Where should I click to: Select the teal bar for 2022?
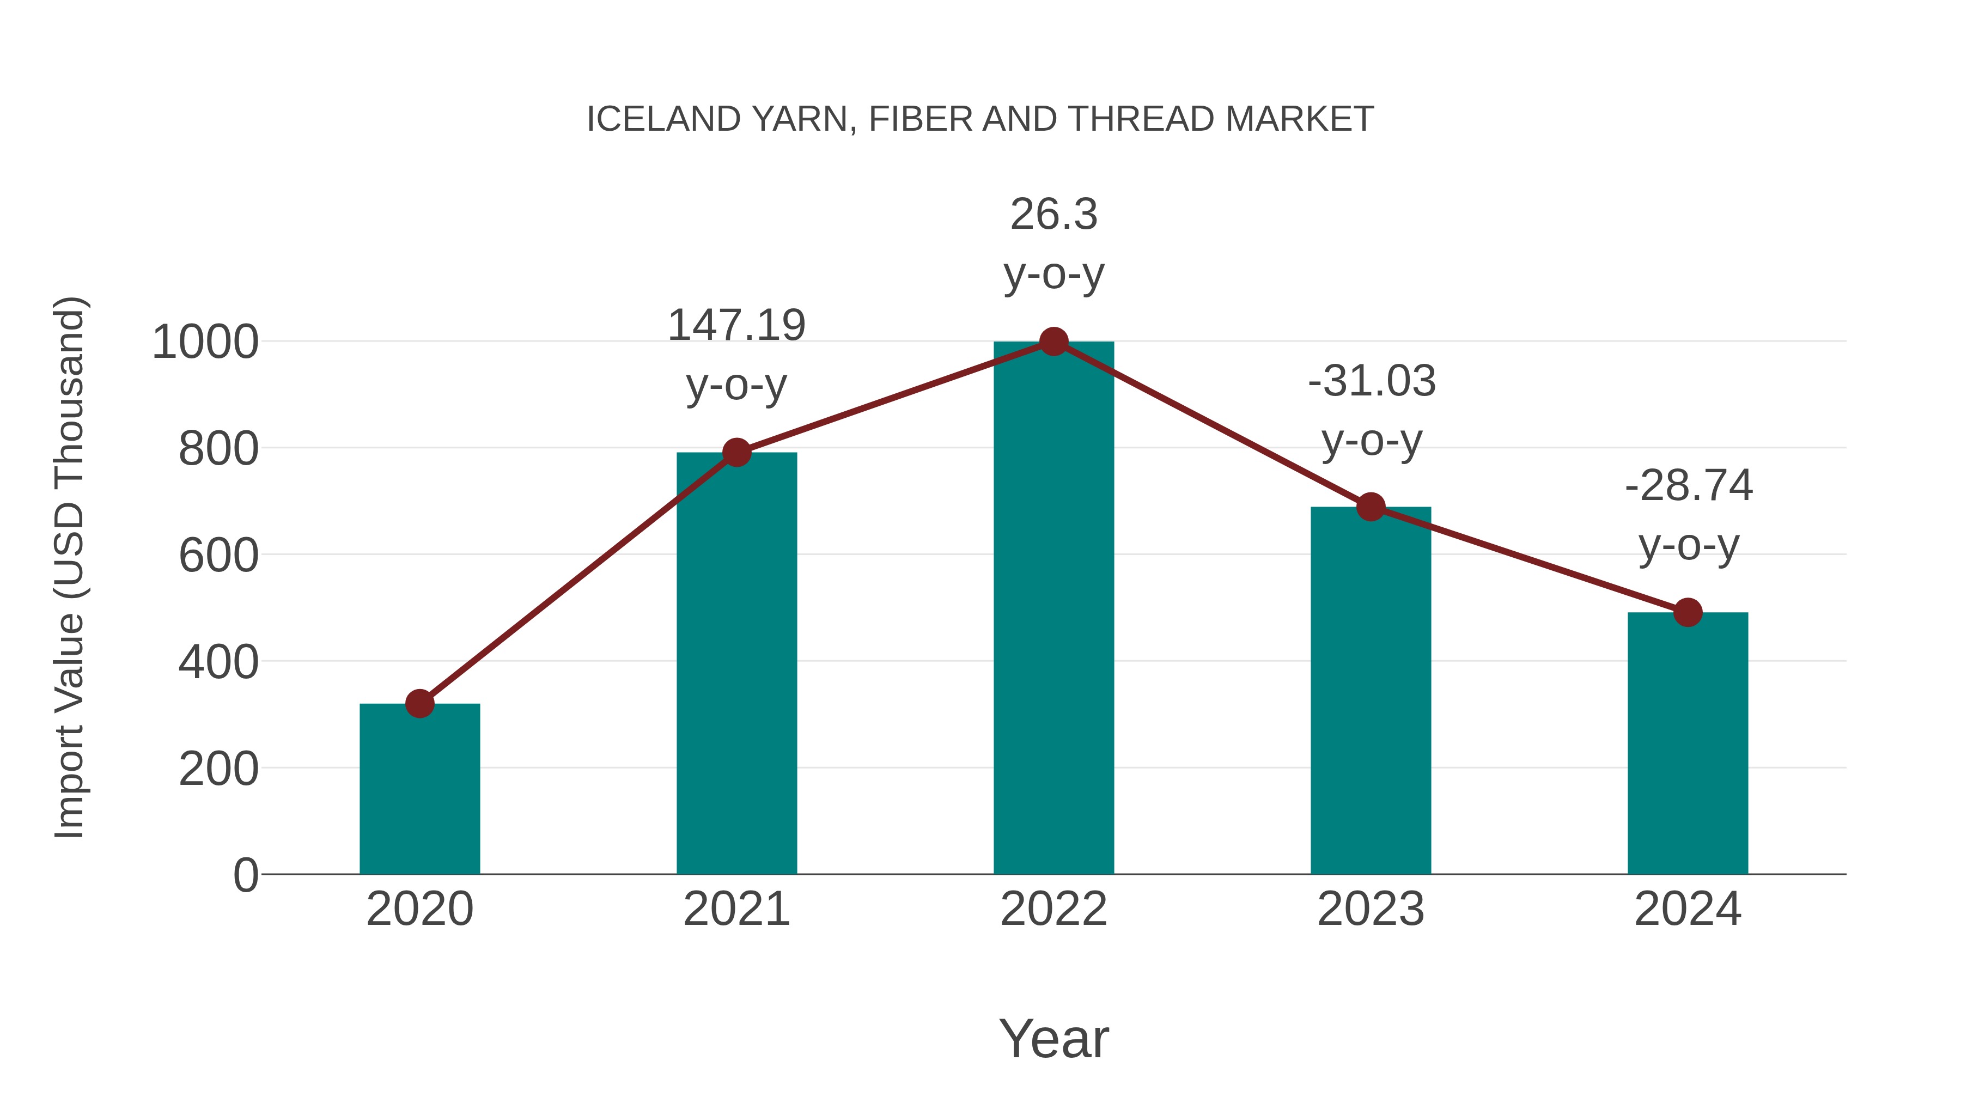(x=1053, y=609)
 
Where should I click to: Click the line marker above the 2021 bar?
(x=736, y=452)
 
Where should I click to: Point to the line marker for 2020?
(x=419, y=703)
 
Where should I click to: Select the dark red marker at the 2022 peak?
(x=1053, y=342)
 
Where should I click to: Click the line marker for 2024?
(x=1688, y=612)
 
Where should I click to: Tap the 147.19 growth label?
(x=736, y=326)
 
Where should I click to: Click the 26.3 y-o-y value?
(x=1053, y=215)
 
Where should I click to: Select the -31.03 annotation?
(x=1372, y=381)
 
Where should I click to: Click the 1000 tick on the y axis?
(x=205, y=343)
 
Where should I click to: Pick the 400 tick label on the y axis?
(x=218, y=662)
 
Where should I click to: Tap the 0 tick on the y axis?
(x=245, y=875)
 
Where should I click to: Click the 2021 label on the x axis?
(x=736, y=910)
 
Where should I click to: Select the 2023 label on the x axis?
(x=1371, y=910)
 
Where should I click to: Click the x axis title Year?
(x=1053, y=1039)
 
